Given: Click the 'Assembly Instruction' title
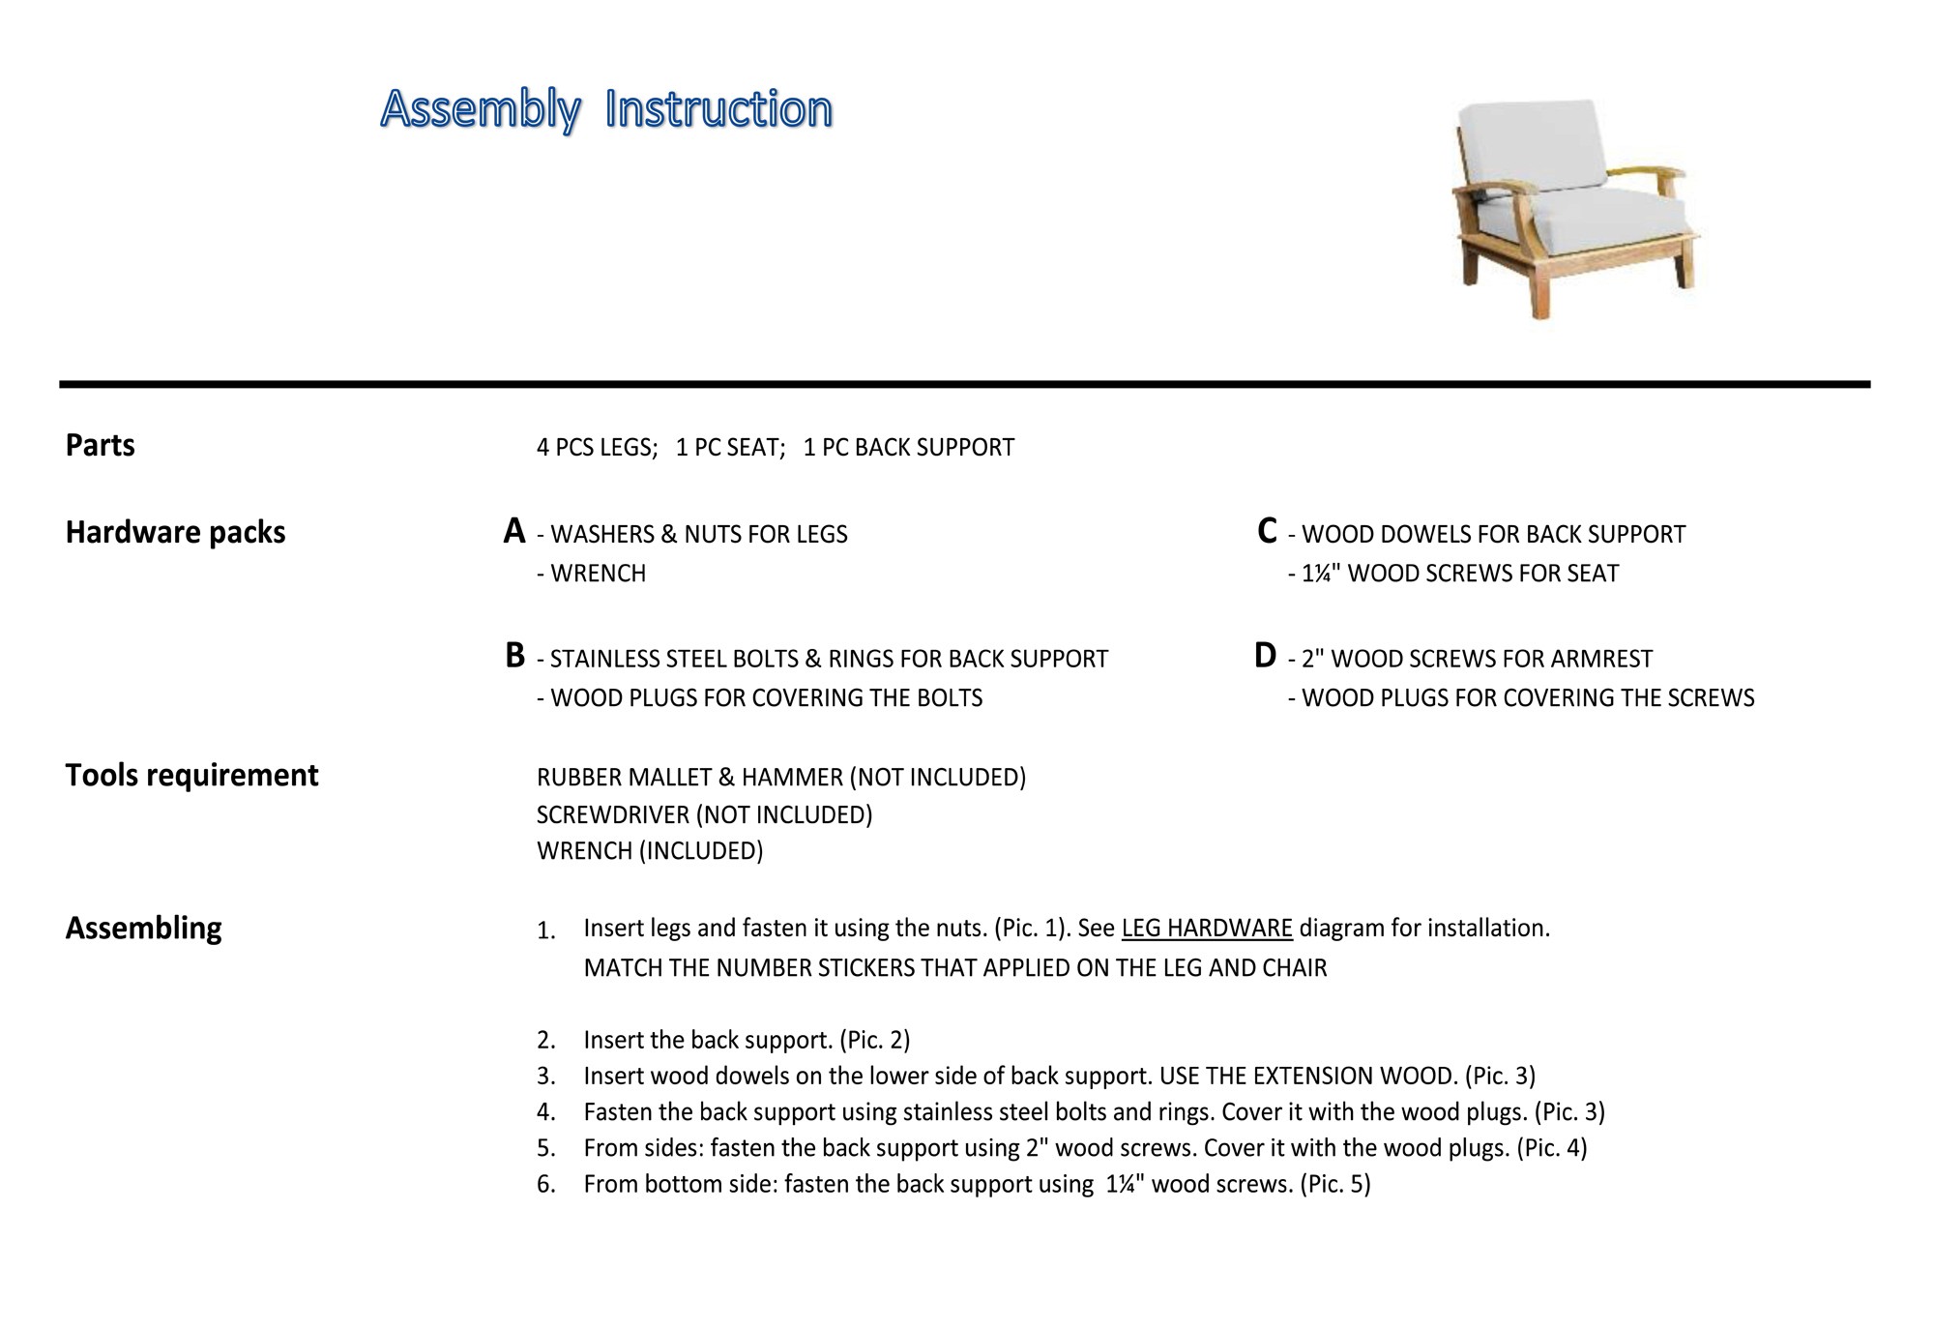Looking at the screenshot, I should point(606,108).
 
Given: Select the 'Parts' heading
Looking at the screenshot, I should point(100,445).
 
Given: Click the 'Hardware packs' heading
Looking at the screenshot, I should point(175,532).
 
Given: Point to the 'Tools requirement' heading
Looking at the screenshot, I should point(191,775).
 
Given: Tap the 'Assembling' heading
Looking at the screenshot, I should point(143,928).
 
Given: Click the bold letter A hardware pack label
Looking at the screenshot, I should point(514,531).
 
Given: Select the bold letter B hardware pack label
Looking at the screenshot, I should point(514,656).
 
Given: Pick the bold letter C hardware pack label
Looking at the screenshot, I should point(1267,531).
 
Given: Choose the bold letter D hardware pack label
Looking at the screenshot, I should point(1265,656).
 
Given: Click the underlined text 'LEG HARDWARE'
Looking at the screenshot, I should point(1207,929).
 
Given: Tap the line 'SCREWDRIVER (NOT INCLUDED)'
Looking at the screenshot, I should point(704,814).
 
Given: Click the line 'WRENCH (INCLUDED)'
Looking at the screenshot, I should point(650,851).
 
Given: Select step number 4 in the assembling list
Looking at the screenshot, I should point(546,1112).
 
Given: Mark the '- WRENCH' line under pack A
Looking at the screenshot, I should point(592,574).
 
